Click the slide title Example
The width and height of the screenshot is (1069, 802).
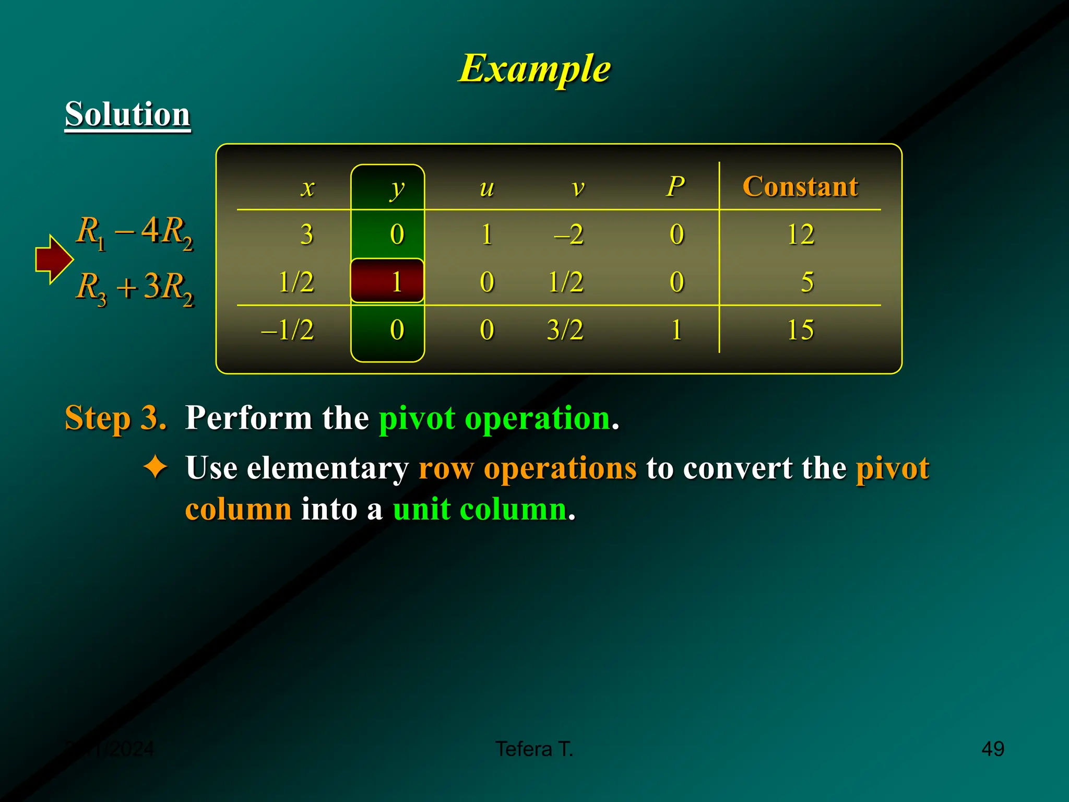[534, 68]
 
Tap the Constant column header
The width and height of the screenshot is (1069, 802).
[800, 186]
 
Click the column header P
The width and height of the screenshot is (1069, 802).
[675, 186]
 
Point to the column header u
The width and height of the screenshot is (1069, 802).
[486, 188]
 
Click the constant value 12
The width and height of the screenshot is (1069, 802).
[800, 234]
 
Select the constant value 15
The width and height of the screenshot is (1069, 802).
[800, 330]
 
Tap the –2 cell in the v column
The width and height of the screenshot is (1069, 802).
[568, 234]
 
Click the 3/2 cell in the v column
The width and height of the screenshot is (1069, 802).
[565, 330]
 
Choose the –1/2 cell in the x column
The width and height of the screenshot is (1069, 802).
[288, 330]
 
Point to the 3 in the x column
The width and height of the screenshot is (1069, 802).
[307, 234]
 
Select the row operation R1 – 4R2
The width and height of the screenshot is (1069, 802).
[135, 232]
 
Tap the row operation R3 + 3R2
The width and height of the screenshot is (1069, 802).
[135, 288]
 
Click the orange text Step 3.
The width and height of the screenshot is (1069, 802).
[115, 418]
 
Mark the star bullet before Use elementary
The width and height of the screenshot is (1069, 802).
[156, 466]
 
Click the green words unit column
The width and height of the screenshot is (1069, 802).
[480, 509]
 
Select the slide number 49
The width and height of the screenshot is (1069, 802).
[992, 749]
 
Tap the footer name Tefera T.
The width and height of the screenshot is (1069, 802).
[534, 749]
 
